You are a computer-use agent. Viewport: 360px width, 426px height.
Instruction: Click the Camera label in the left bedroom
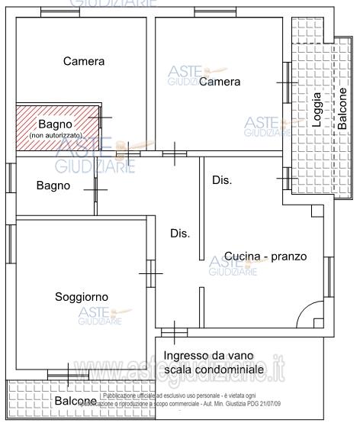click(84, 61)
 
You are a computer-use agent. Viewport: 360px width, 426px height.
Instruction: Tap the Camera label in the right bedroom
click(220, 82)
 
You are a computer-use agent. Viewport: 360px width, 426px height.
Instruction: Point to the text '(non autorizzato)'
click(56, 135)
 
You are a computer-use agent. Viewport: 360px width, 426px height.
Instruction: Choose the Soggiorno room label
click(82, 296)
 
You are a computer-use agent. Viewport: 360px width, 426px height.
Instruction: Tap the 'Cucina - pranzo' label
click(265, 257)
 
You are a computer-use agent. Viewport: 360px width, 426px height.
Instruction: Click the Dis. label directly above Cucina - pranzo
click(222, 180)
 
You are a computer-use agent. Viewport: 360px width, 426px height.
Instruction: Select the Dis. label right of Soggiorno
click(179, 233)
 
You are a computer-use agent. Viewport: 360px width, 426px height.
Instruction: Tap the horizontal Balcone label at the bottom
click(75, 401)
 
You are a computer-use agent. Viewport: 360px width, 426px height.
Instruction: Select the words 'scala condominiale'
click(214, 370)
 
